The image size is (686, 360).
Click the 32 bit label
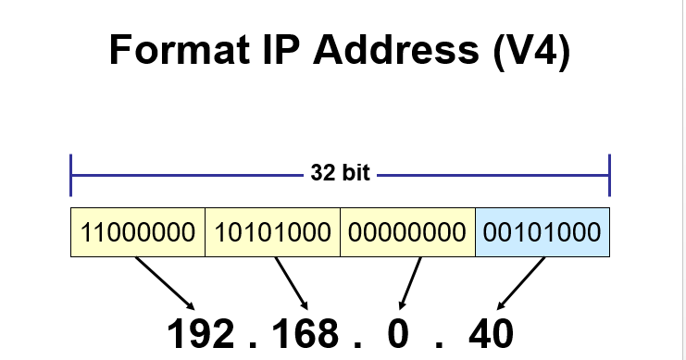[x=340, y=173]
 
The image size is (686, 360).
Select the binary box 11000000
[x=138, y=232]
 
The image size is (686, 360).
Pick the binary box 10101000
[x=272, y=232]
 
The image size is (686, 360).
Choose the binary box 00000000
[x=407, y=232]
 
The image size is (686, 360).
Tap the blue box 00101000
[x=543, y=232]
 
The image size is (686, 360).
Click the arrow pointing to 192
[x=165, y=283]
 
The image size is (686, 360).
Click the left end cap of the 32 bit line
[x=71, y=174]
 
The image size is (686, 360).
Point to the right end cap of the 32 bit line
[x=609, y=174]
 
